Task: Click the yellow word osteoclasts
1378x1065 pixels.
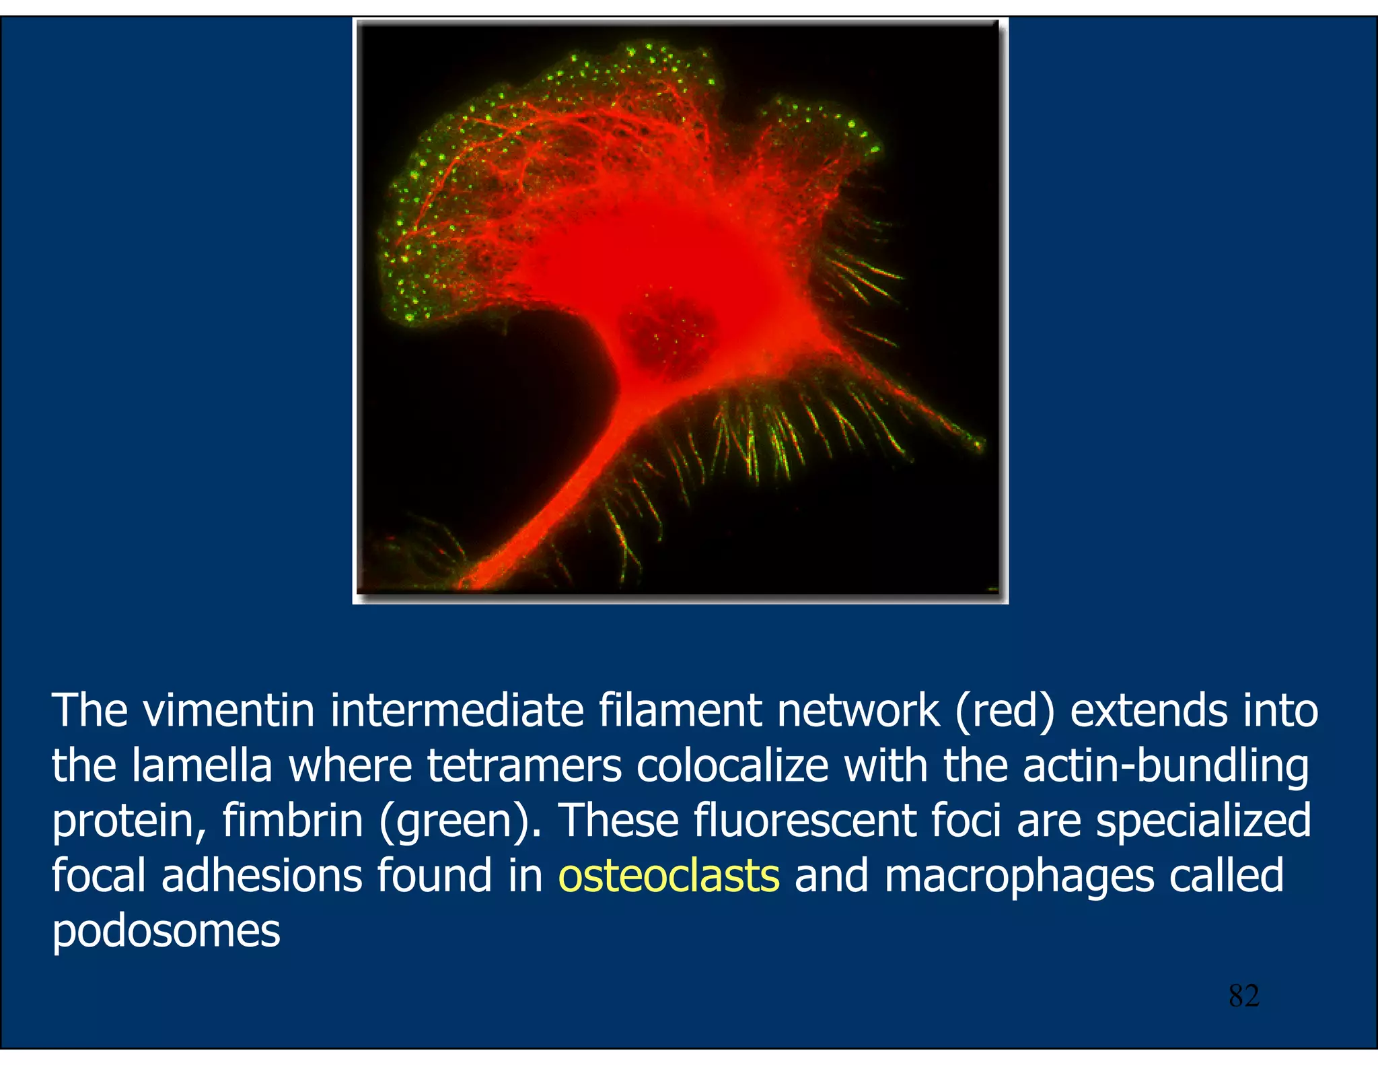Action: (669, 876)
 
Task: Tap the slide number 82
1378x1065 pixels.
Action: (1243, 996)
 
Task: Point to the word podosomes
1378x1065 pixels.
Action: (166, 932)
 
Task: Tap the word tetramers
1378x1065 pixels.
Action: (524, 766)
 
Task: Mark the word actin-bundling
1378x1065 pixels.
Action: (1166, 767)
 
